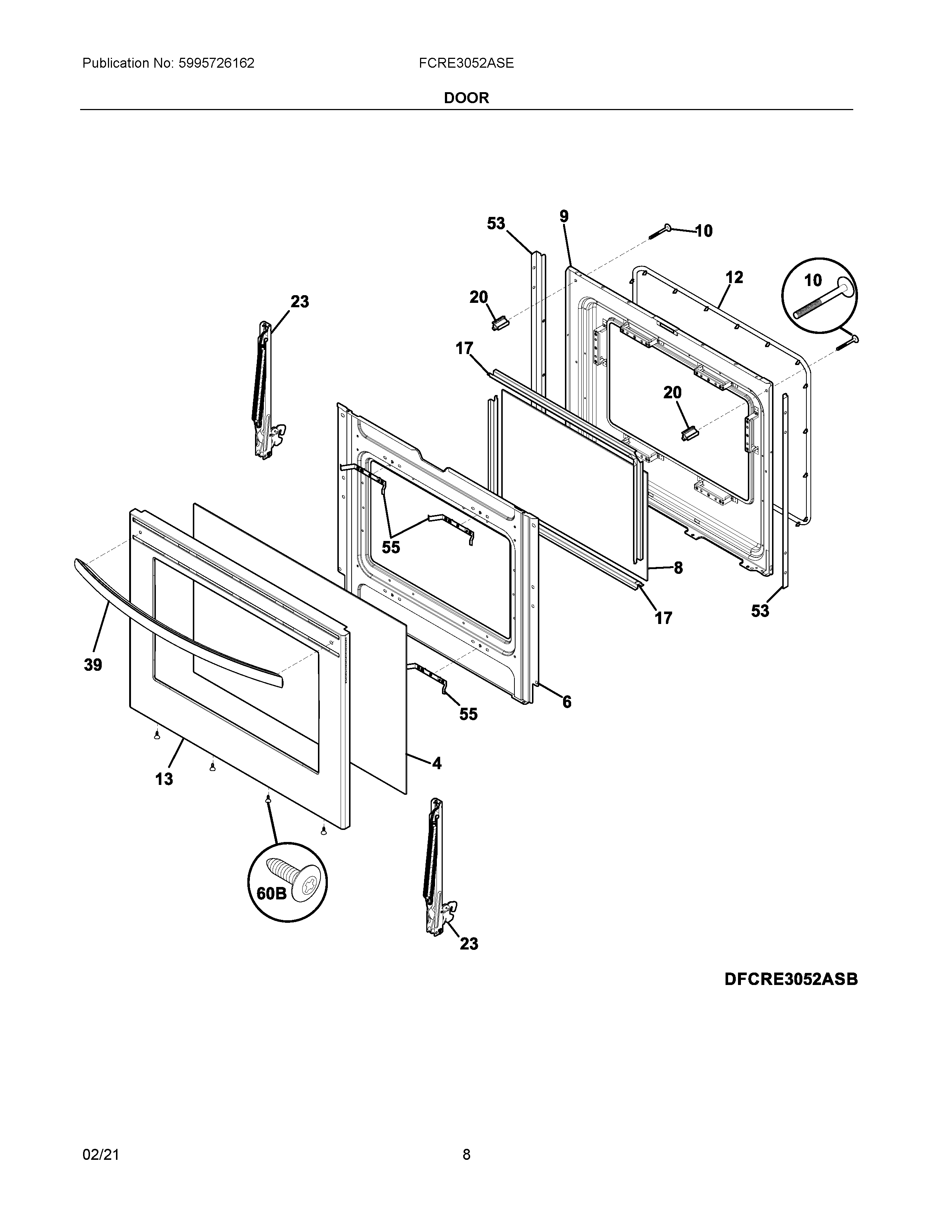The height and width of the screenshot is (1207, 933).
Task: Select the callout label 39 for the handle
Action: [x=93, y=665]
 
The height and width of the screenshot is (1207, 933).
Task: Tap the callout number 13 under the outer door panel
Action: [x=164, y=779]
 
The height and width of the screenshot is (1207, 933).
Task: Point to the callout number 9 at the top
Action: [x=564, y=217]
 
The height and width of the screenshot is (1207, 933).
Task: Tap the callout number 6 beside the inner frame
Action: [x=567, y=702]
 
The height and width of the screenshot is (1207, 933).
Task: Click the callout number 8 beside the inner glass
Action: [x=678, y=568]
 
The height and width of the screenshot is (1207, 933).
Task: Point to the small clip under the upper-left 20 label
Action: [x=499, y=323]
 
